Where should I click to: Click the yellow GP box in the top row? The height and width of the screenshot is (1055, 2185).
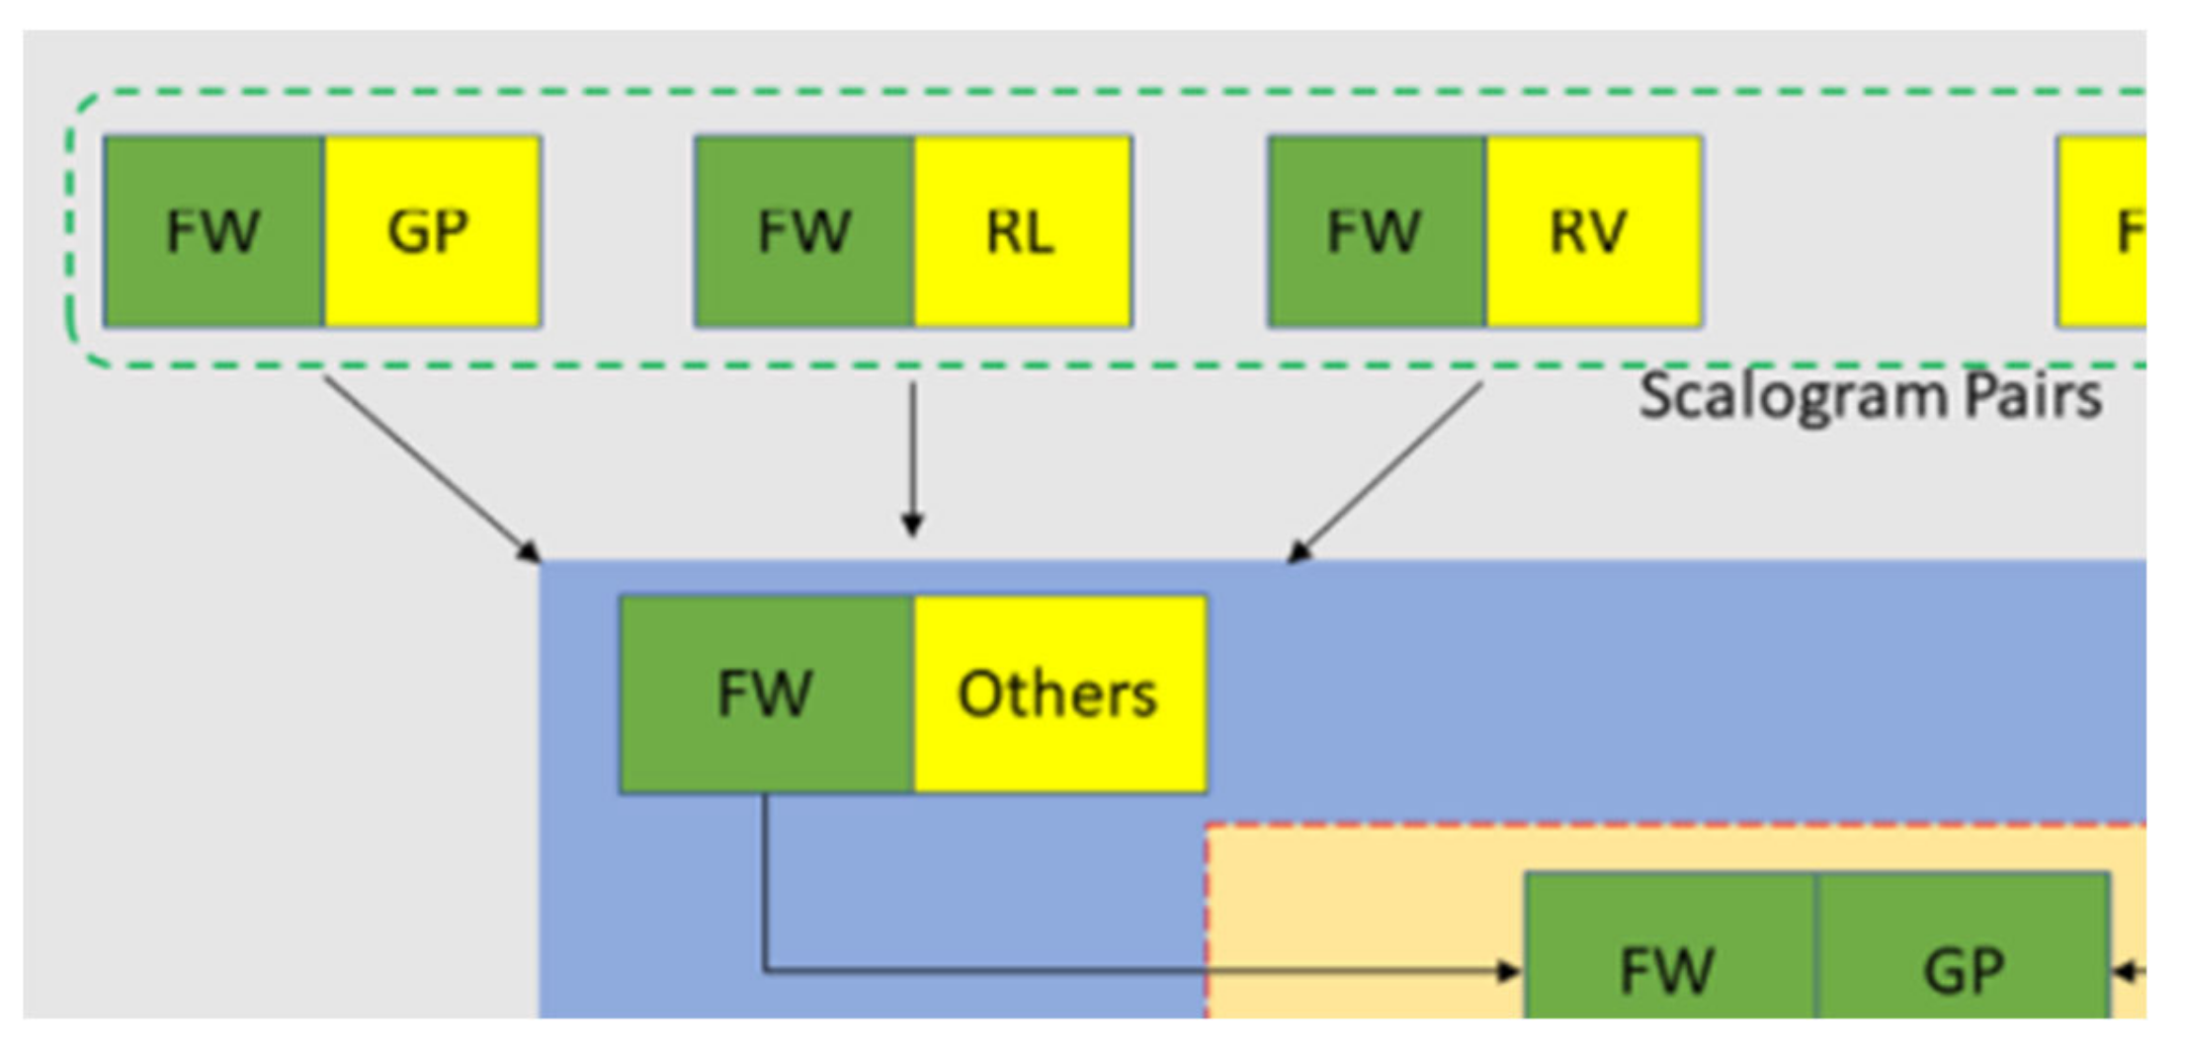click(432, 231)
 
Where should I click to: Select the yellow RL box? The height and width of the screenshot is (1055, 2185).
click(1022, 231)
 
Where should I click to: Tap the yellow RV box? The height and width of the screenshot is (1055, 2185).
click(1593, 231)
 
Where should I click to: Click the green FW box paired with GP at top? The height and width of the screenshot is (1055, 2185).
click(213, 231)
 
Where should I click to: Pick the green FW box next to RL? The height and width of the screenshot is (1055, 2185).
click(803, 231)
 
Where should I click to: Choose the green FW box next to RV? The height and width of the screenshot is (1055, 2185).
click(1376, 231)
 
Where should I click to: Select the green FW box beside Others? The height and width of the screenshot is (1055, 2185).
click(766, 693)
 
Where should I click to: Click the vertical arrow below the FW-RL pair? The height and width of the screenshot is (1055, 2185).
click(913, 459)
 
